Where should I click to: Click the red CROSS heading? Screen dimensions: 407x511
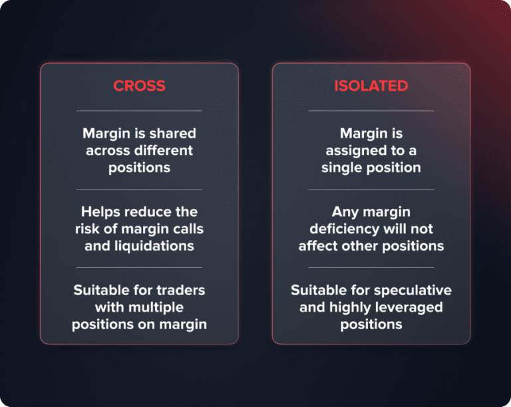click(139, 86)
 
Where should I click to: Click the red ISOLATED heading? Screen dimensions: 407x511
click(371, 86)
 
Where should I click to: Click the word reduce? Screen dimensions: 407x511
click(150, 211)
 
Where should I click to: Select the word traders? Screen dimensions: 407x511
click(179, 291)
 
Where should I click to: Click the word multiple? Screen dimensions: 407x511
click(154, 307)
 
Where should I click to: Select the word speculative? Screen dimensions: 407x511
click(413, 291)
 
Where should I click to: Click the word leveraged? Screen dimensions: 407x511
click(411, 307)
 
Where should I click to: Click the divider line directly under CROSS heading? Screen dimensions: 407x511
click(139, 110)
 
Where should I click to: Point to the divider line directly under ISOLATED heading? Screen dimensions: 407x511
click(371, 110)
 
